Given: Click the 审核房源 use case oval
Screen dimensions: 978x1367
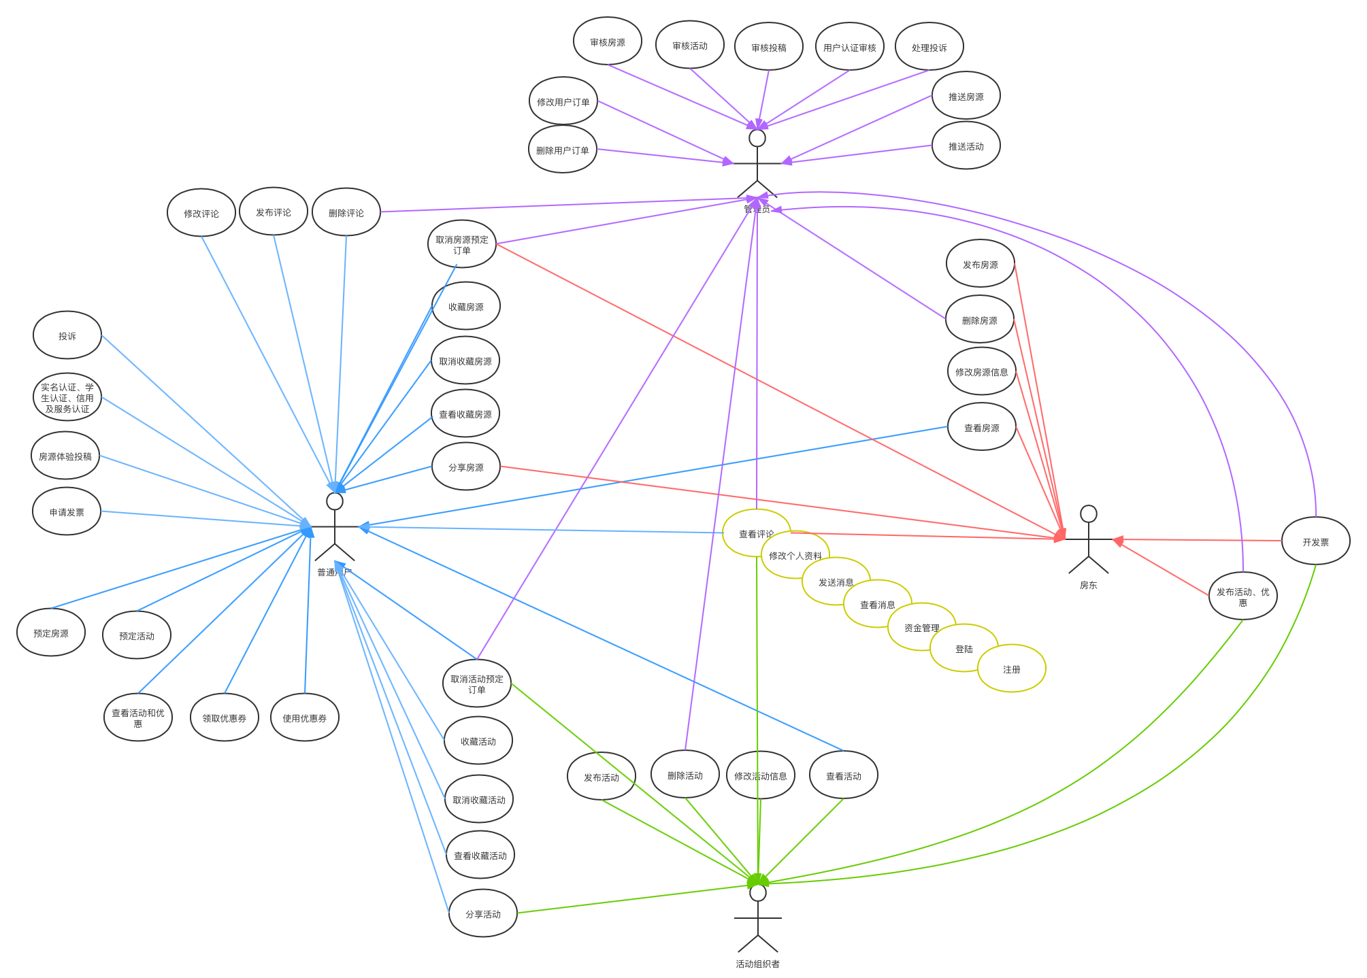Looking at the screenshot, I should (608, 42).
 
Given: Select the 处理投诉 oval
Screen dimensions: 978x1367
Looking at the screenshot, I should (929, 48).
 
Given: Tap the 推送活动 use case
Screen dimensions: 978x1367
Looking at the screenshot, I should (966, 146).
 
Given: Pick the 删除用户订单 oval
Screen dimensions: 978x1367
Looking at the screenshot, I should (562, 150).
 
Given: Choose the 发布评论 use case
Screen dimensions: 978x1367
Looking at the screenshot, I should (274, 212).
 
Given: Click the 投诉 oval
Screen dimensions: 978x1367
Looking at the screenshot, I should (67, 336).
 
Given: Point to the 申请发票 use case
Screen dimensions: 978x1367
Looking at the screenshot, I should (67, 512).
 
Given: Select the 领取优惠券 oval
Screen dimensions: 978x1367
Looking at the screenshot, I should (225, 718).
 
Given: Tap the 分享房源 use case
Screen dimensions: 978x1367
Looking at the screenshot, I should (466, 467).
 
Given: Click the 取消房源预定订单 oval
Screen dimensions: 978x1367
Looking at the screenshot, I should (462, 245).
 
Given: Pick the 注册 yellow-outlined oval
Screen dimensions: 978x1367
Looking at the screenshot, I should (1012, 669).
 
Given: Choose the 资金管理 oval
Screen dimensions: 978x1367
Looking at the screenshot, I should (921, 628).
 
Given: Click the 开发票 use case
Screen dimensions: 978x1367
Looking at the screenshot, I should (1315, 542).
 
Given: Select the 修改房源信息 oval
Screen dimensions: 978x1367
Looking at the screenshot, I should (982, 372).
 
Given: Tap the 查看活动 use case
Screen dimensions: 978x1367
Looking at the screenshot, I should (844, 776).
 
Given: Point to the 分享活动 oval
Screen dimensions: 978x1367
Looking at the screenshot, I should (483, 914).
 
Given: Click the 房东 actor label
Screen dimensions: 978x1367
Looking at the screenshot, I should (1088, 586).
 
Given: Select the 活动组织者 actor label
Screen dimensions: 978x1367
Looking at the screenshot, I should (757, 964).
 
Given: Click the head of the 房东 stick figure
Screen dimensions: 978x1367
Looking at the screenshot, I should (1089, 514).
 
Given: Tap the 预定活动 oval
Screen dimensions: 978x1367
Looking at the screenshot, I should (137, 636).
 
